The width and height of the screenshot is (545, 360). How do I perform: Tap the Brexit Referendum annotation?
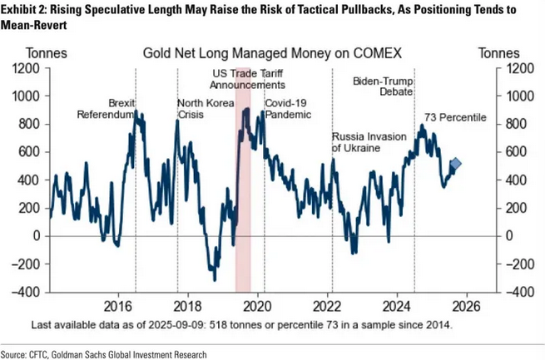106,109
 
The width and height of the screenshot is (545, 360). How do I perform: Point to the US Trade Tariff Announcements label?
247,79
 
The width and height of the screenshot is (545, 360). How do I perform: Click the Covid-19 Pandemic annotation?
288,109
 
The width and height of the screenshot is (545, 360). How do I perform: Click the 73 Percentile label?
455,117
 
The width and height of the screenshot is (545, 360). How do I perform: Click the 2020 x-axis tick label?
258,304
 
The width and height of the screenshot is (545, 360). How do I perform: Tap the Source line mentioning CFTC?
104,353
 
